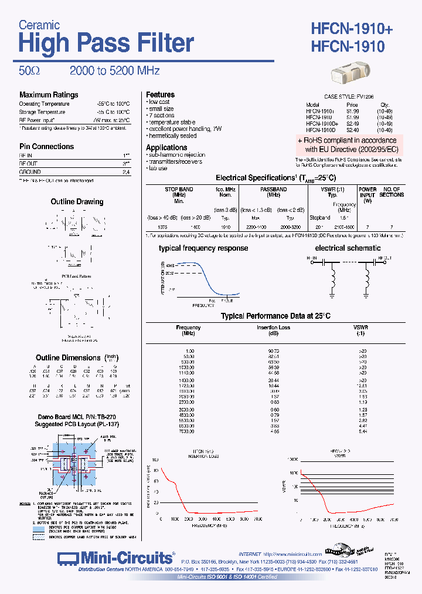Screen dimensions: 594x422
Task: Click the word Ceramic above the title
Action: click(39, 25)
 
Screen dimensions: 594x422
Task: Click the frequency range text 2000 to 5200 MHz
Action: click(115, 71)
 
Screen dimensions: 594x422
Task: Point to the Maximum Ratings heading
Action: click(49, 95)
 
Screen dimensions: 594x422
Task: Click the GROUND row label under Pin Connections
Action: click(30, 172)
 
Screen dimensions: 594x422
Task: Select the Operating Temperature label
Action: click(44, 104)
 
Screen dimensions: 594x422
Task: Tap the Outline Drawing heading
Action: click(77, 201)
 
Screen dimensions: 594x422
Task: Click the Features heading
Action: click(160, 95)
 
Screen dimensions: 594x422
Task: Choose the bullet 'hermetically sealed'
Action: click(173, 136)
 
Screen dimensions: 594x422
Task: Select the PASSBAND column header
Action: click(274, 190)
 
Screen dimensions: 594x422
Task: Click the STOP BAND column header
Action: click(179, 190)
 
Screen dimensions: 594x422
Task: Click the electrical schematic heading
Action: click(348, 248)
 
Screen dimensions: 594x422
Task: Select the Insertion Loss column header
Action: click(273, 328)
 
